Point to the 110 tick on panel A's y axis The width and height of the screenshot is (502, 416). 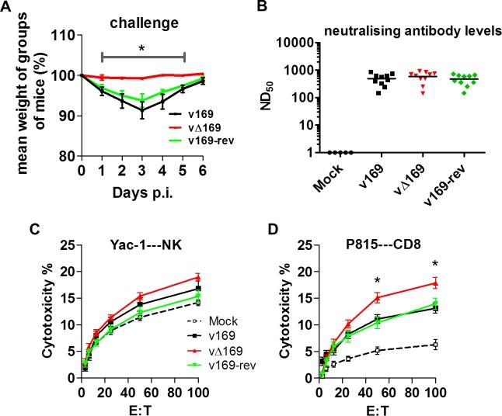click(65, 36)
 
